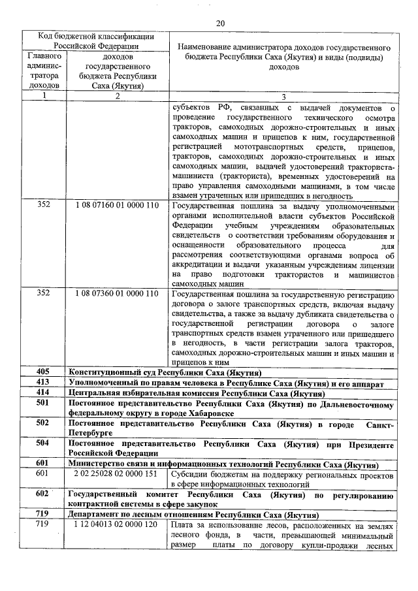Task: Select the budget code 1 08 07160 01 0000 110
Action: pos(117,204)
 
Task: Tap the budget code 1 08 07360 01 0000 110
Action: pos(117,293)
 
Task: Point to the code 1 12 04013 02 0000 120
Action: pos(117,524)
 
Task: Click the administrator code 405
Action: pos(43,371)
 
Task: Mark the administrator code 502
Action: pos(43,423)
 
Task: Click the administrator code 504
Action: pos(43,443)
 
